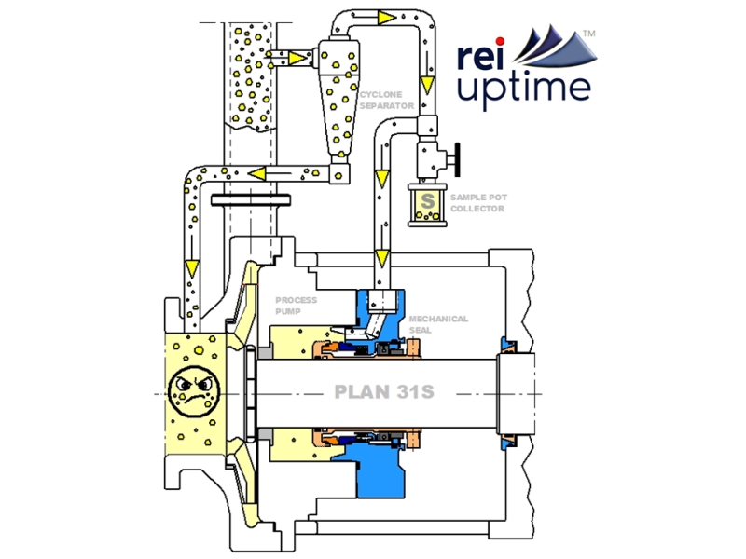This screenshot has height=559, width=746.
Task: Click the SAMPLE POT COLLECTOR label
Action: tap(477, 203)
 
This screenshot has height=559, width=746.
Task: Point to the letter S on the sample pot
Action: tap(428, 199)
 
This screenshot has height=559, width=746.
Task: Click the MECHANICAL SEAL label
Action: tap(438, 324)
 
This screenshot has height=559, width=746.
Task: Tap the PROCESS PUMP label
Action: tap(297, 306)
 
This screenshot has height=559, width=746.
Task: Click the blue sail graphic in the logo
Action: tap(550, 47)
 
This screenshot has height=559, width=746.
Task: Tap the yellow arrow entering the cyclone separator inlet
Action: tap(297, 58)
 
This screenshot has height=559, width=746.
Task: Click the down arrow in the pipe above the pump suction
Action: tap(190, 268)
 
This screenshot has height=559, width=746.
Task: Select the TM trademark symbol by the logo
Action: tap(588, 33)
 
